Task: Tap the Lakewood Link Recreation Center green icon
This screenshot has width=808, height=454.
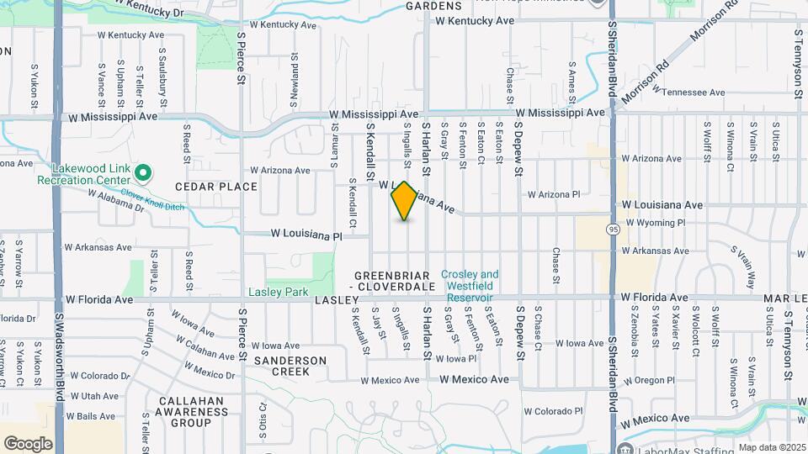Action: [143, 174]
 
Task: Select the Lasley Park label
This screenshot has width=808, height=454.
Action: [278, 293]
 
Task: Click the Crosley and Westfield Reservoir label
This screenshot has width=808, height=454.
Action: [469, 286]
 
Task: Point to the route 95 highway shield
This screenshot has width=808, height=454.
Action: [612, 228]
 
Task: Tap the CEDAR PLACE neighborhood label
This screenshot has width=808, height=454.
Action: [216, 187]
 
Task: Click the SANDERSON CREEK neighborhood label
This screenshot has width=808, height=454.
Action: [290, 366]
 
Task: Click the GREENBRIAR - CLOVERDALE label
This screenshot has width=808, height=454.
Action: [394, 282]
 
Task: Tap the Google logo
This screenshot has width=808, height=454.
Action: [28, 444]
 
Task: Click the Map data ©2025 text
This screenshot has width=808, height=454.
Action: [772, 447]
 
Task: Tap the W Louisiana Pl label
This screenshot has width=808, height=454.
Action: [306, 236]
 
